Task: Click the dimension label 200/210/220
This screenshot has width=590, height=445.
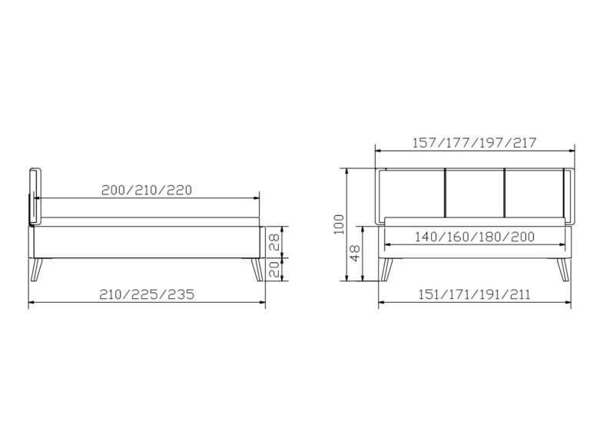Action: click(x=145, y=189)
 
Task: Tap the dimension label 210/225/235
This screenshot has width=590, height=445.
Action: click(x=147, y=294)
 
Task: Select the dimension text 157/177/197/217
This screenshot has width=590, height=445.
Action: click(x=474, y=142)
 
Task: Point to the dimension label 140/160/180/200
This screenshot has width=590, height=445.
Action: click(x=474, y=237)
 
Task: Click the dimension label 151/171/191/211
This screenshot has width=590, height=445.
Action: click(x=476, y=294)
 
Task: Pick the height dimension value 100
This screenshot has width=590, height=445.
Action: click(x=339, y=226)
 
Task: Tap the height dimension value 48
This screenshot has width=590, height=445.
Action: click(x=354, y=254)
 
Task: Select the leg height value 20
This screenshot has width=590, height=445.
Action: click(x=274, y=268)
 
